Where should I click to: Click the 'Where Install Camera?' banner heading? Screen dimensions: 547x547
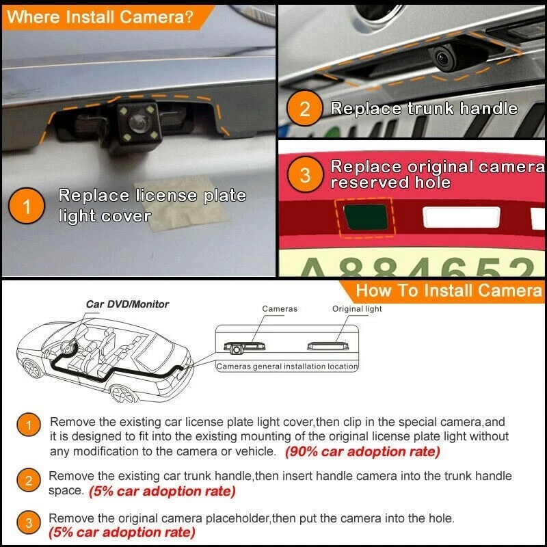click(100, 17)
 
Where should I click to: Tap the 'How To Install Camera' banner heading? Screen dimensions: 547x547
click(449, 290)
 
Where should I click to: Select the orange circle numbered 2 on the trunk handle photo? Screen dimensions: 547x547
click(305, 109)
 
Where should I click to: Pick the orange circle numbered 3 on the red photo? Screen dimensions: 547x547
click(305, 175)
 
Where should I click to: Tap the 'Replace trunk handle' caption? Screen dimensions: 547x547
click(424, 109)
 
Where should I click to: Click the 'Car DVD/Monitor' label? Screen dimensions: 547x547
click(127, 304)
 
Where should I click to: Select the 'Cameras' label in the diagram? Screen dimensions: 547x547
click(280, 309)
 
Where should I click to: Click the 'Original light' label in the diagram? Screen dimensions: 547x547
click(357, 309)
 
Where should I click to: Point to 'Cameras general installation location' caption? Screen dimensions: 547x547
click(287, 366)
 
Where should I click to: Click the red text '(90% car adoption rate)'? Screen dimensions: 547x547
click(362, 452)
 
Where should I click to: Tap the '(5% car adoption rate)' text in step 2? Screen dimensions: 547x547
click(162, 491)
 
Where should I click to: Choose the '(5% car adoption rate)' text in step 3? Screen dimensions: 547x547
click(122, 531)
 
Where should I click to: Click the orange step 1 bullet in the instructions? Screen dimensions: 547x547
click(28, 426)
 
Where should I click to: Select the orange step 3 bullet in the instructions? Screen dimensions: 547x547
click(28, 524)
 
